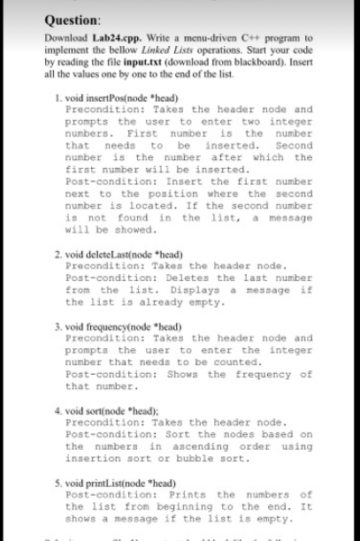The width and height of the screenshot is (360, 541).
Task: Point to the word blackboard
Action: click(275, 65)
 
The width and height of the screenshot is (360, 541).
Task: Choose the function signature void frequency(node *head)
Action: click(122, 328)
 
